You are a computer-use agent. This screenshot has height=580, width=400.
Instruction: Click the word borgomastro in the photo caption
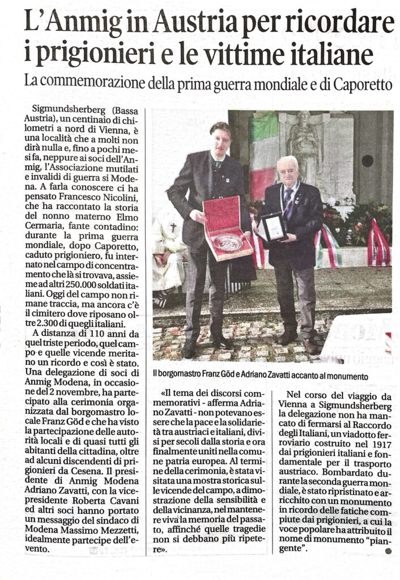pos(181,376)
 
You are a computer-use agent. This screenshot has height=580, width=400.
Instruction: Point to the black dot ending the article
pos(388,550)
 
